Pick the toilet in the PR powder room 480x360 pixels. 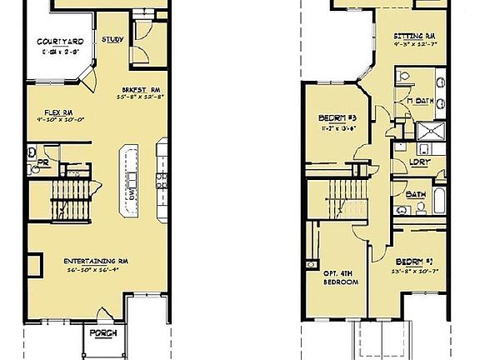(32, 153)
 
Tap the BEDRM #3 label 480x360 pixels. (336, 117)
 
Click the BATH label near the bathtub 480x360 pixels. (415, 195)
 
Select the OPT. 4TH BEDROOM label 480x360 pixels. (340, 277)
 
